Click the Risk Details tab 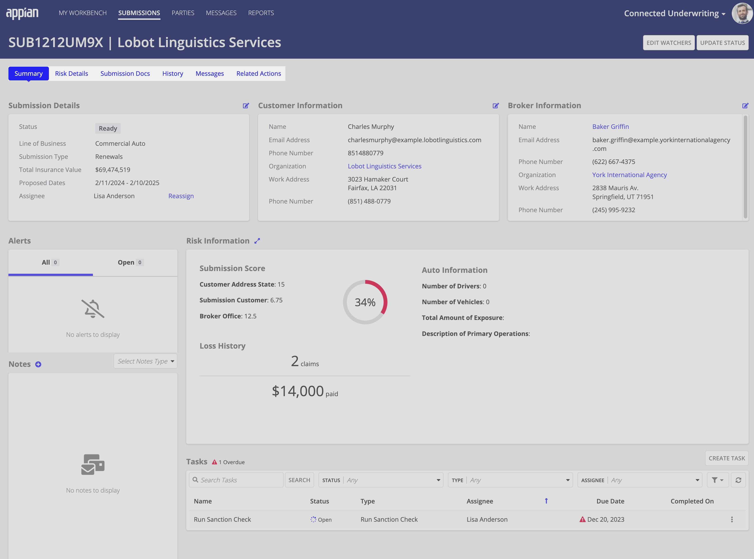click(71, 73)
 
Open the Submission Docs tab click(125, 73)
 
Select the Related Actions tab click(258, 73)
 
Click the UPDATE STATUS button click(722, 43)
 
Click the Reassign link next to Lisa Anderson click(181, 196)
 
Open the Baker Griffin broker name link click(610, 127)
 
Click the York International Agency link click(629, 175)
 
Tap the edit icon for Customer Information click(495, 106)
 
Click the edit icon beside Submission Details click(246, 106)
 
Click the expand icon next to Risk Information click(257, 241)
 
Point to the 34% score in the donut click(365, 302)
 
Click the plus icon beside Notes click(38, 364)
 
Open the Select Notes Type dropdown click(145, 361)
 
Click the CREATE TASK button click(727, 458)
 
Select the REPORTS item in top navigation click(261, 13)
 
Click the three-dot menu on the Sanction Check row click(732, 519)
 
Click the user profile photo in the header click(742, 13)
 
